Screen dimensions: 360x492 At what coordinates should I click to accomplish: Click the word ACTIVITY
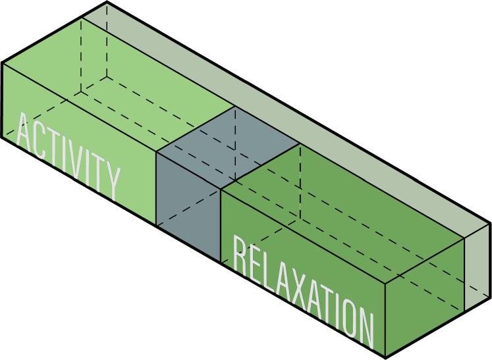click(x=68, y=155)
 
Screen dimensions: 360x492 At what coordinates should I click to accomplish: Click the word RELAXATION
click(x=304, y=290)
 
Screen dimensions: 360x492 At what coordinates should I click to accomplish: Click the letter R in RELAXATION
click(x=240, y=257)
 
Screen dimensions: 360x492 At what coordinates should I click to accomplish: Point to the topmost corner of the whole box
click(x=107, y=3)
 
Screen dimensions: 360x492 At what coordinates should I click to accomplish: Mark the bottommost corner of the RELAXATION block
click(x=386, y=357)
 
